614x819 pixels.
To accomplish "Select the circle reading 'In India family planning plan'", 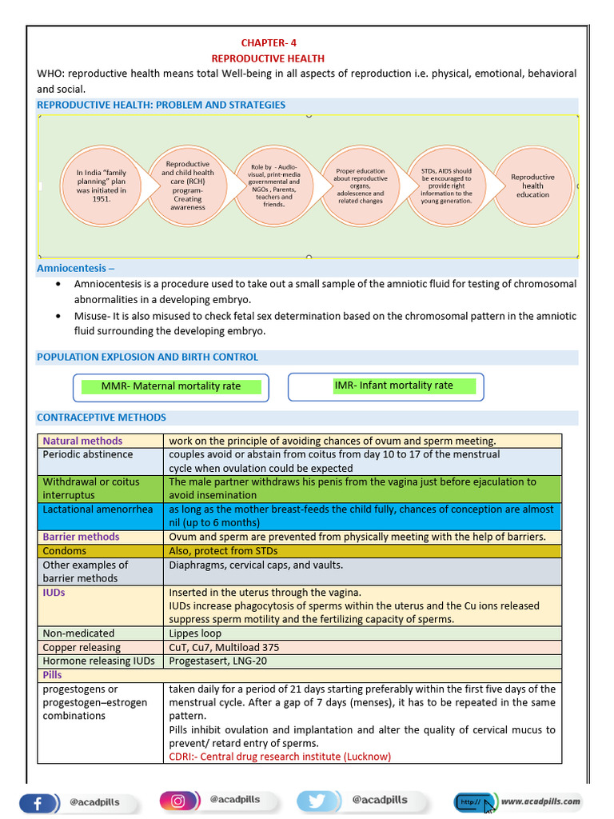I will (101, 186).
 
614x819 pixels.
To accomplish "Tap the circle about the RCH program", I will (188, 186).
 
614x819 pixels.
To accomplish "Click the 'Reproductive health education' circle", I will (532, 186).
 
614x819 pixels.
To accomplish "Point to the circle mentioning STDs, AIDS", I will (446, 186).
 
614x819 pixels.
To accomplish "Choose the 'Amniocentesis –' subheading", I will (76, 269).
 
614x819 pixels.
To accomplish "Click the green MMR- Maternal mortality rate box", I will (171, 386).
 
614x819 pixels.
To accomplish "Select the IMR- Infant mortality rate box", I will (393, 386).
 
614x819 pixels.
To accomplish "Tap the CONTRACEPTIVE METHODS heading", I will (102, 417).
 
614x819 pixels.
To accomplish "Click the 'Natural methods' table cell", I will (83, 441).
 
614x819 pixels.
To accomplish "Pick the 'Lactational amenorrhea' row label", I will (98, 509).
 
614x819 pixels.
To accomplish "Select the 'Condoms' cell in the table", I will (65, 551).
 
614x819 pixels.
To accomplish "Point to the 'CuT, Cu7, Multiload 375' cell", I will (224, 647).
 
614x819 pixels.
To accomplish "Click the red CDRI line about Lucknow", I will (280, 757).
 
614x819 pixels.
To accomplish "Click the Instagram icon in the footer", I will (177, 801).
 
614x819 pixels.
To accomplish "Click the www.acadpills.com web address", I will (541, 801).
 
